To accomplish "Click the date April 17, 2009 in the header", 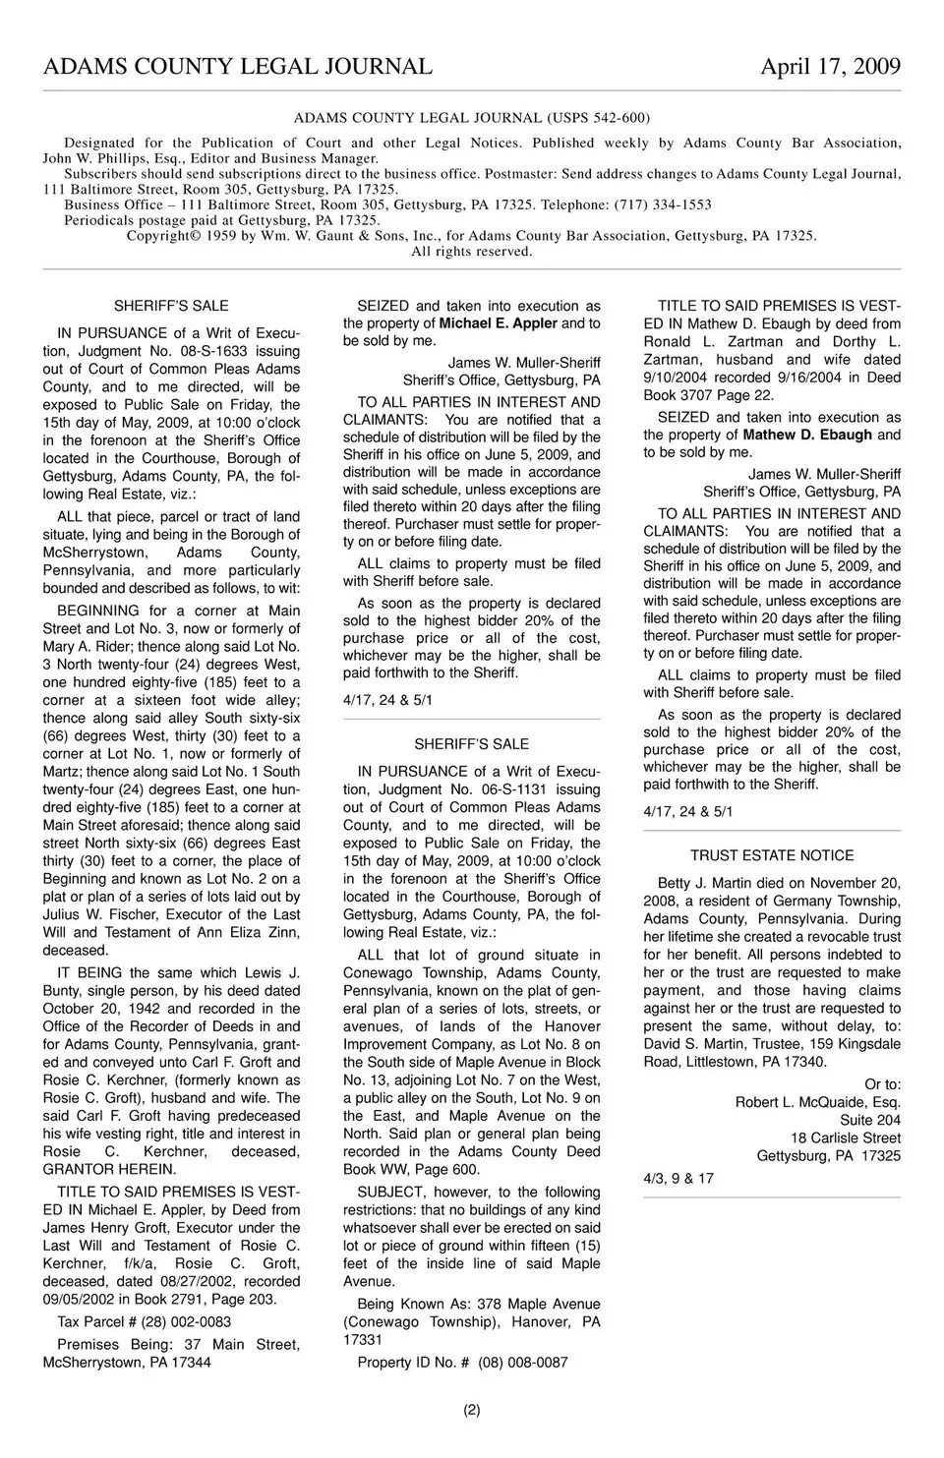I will point(830,66).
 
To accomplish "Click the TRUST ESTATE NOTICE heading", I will point(772,855).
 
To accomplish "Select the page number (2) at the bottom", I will point(472,1410).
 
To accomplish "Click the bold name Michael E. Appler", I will point(498,323).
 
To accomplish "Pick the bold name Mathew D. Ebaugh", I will point(807,435).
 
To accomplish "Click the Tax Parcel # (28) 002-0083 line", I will point(145,1322).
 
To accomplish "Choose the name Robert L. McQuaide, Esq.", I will point(817,1102).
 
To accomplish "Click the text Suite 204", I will point(869,1120).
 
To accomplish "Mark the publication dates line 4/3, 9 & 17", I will point(678,1178).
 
